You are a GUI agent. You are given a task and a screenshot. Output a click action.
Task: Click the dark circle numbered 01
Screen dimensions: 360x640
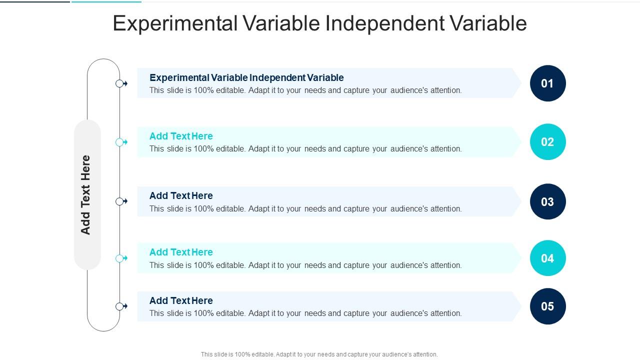pos(547,83)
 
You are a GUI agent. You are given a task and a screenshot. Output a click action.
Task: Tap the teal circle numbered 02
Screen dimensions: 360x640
pos(547,142)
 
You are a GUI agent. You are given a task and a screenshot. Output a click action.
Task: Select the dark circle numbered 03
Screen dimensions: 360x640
pos(547,201)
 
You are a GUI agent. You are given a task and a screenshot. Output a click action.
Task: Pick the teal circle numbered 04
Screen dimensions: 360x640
pos(547,258)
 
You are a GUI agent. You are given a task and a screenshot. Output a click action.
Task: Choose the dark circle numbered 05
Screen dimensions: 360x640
pos(547,306)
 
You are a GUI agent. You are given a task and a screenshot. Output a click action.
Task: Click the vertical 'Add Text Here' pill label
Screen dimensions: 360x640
pos(87,195)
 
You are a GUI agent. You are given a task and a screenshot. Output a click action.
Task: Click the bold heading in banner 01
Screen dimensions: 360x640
pos(246,77)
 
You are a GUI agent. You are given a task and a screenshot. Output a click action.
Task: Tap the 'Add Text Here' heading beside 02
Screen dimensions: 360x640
pos(181,136)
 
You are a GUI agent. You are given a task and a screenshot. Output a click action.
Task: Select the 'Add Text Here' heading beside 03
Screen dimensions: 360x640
pos(181,195)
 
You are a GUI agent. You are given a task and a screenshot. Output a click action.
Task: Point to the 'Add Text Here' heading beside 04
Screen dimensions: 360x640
pos(181,252)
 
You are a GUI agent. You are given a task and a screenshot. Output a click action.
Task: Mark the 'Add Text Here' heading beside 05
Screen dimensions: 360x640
pos(181,300)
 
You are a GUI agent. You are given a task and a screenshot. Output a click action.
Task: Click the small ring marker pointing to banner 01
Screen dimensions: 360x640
pos(119,83)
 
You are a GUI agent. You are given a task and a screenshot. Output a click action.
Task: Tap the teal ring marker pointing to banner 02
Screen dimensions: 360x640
pos(119,142)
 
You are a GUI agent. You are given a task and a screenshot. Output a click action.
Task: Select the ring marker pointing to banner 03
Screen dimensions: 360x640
pos(119,201)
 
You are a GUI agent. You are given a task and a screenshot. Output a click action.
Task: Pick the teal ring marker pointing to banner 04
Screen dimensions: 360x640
pos(119,258)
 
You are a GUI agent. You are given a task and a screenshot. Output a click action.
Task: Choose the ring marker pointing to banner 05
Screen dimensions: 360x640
pos(119,306)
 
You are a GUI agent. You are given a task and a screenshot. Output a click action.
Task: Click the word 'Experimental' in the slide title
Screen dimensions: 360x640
pos(175,23)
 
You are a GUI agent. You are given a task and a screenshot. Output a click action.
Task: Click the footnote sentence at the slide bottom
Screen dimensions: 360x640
pos(319,354)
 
